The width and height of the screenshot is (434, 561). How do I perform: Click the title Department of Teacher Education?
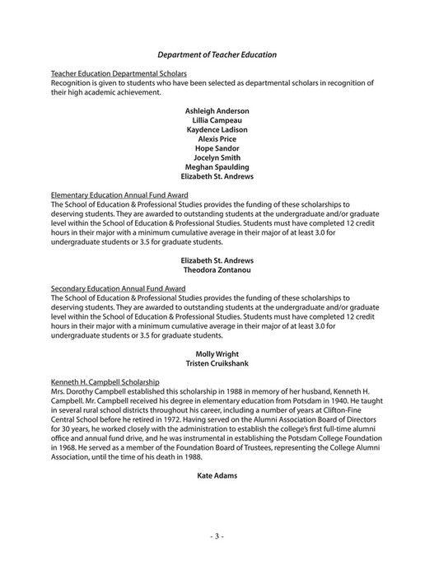pyautogui.click(x=217, y=54)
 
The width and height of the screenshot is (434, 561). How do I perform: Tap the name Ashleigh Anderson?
pyautogui.click(x=217, y=110)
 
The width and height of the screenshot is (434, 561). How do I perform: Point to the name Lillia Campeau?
pyautogui.click(x=217, y=120)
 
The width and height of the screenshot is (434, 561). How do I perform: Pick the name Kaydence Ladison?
pyautogui.click(x=217, y=129)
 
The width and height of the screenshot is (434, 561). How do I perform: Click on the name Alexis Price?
pyautogui.click(x=217, y=139)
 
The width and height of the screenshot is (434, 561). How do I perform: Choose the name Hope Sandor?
pyautogui.click(x=217, y=148)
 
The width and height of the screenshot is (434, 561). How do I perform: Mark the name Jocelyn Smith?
pyautogui.click(x=217, y=157)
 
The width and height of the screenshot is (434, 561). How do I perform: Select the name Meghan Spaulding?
pyautogui.click(x=217, y=167)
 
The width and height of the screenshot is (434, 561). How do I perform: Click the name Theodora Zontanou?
pyautogui.click(x=217, y=270)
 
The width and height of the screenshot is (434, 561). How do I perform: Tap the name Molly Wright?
pyautogui.click(x=217, y=354)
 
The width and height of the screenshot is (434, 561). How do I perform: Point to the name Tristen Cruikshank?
pyautogui.click(x=217, y=363)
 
